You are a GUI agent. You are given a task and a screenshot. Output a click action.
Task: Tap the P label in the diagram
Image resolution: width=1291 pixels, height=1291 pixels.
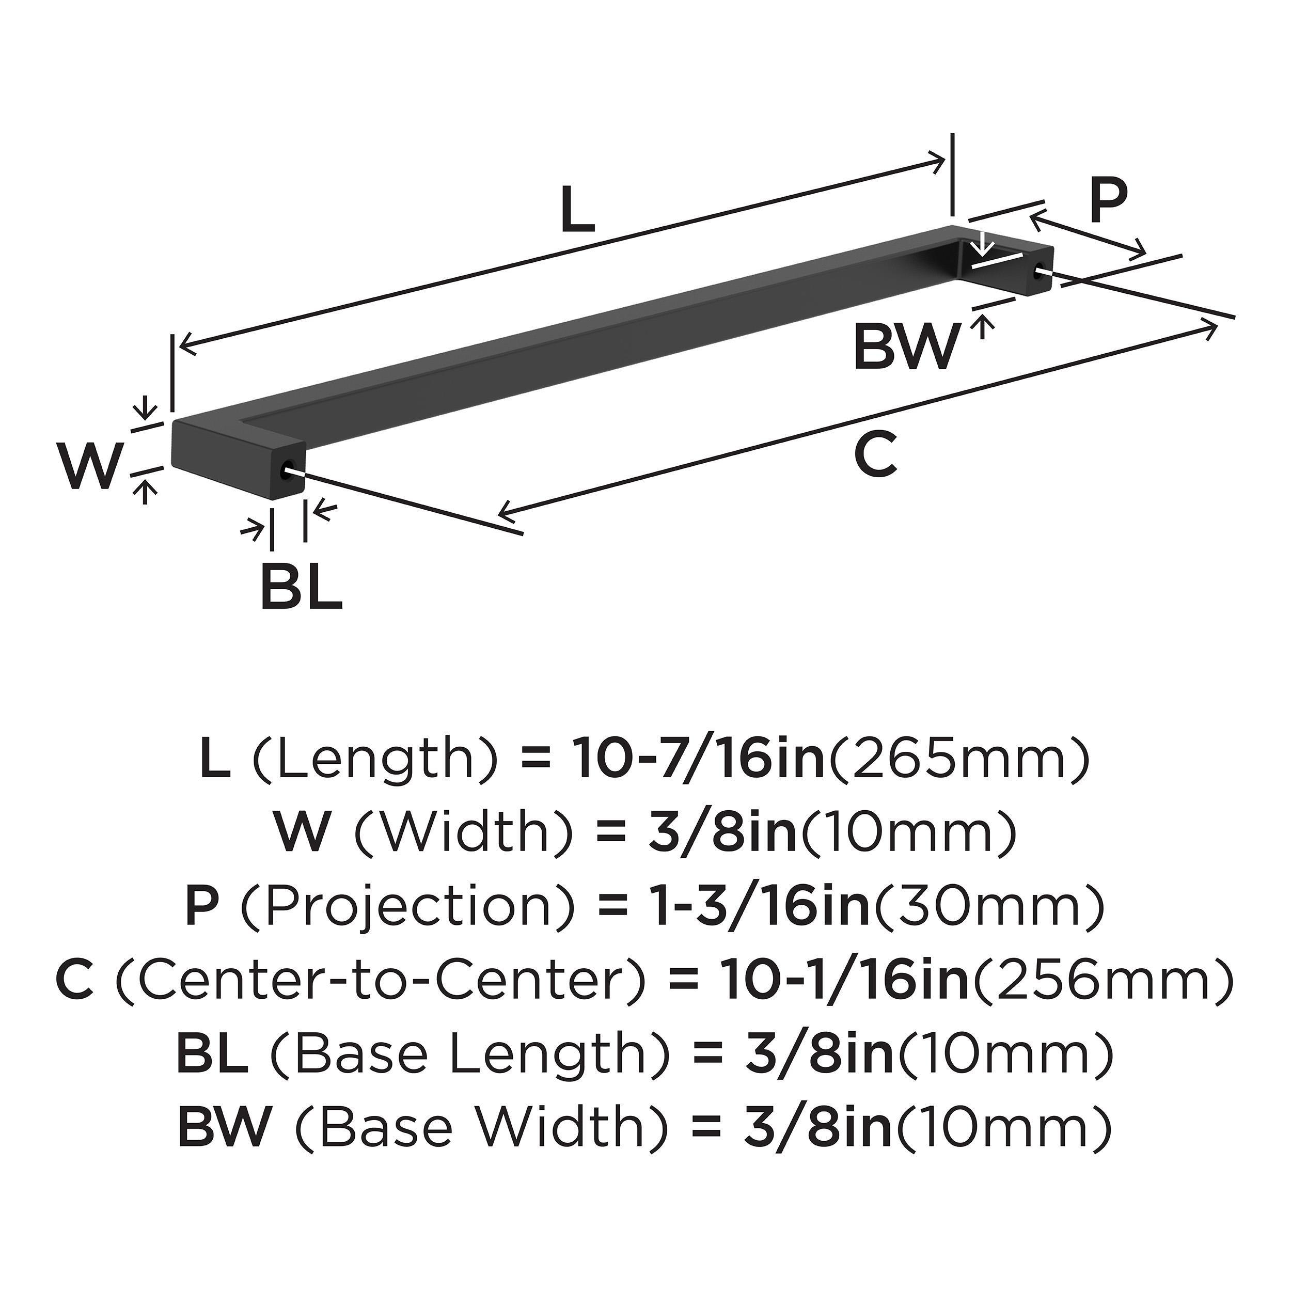coord(1108,200)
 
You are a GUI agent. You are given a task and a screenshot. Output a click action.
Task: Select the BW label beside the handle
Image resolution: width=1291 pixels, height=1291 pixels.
coord(907,347)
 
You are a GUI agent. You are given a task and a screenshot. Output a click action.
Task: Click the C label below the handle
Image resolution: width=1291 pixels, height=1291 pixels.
coord(875,454)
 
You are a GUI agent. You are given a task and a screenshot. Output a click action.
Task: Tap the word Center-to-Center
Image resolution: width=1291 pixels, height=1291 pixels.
coord(382,980)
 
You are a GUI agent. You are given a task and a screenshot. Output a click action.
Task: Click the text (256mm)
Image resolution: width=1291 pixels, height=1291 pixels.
coord(1101,980)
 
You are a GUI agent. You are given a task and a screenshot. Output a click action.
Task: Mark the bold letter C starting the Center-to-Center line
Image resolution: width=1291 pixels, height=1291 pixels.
coord(75,980)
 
